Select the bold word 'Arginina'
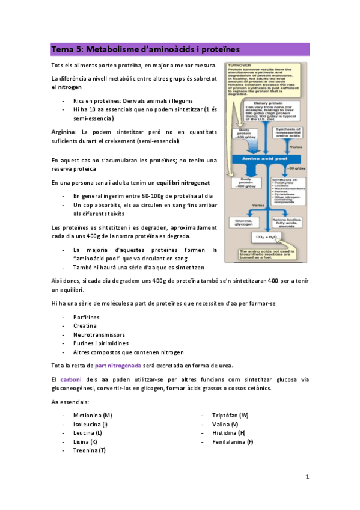click(64, 131)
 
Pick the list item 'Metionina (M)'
click(92, 415)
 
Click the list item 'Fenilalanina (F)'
click(233, 441)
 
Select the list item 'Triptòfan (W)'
click(230, 415)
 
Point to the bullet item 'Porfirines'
click(87, 317)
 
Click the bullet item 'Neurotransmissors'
click(98, 334)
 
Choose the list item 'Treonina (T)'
click(89, 450)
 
